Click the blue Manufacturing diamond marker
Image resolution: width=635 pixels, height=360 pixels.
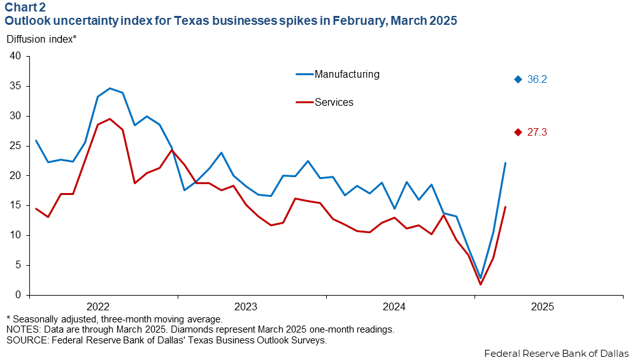(x=518, y=80)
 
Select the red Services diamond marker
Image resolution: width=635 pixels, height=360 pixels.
(x=518, y=133)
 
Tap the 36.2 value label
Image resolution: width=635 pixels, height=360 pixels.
(x=537, y=80)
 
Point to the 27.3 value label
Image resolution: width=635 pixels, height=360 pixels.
(x=537, y=133)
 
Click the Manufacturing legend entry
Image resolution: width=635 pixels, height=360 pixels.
(x=338, y=74)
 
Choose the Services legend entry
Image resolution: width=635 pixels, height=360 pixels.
(x=324, y=103)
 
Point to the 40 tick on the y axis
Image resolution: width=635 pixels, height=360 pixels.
(x=15, y=56)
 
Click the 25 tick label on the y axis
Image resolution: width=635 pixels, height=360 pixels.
(x=15, y=146)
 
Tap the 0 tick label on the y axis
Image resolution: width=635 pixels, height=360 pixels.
(x=18, y=295)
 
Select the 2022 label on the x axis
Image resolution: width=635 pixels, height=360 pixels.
(x=98, y=306)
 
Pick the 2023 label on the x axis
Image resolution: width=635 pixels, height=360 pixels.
(x=246, y=306)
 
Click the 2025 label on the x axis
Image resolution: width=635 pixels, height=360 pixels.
(x=543, y=306)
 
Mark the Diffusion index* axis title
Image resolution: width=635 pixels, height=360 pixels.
(x=41, y=40)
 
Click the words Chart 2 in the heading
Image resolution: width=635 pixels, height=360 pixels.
(x=25, y=7)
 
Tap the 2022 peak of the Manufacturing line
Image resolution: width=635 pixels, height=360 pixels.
(x=110, y=89)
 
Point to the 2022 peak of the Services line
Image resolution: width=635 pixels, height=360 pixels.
(x=110, y=119)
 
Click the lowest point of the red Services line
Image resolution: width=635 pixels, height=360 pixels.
(x=481, y=284)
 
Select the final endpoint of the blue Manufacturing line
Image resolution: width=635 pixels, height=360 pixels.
(x=506, y=162)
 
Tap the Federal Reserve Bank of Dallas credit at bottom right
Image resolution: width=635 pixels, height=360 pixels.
(x=557, y=354)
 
